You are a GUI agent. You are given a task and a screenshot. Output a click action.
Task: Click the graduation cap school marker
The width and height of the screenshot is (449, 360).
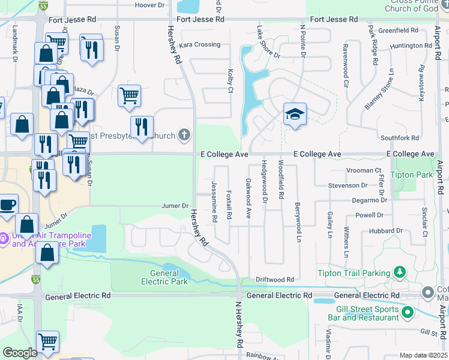pyautogui.click(x=295, y=114)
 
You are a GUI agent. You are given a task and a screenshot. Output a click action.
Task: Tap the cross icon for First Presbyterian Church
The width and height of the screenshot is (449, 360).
pyautogui.click(x=185, y=136)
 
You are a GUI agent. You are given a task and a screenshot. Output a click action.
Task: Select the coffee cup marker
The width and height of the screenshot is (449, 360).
pyautogui.click(x=7, y=205)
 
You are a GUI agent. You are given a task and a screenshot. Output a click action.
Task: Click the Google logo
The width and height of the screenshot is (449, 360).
pyautogui.click(x=20, y=353)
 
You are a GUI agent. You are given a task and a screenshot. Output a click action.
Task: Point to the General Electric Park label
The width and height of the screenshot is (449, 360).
pyautogui.click(x=164, y=277)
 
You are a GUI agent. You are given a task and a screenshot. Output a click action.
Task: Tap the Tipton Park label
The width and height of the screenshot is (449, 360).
pyautogui.click(x=411, y=175)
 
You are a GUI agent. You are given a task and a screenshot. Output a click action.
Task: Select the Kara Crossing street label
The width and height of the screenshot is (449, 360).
pyautogui.click(x=200, y=45)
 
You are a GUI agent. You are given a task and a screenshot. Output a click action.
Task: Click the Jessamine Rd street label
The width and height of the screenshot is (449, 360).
pyautogui.click(x=214, y=201)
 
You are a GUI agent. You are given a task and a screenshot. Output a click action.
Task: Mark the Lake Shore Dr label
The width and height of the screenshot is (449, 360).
pyautogui.click(x=268, y=41)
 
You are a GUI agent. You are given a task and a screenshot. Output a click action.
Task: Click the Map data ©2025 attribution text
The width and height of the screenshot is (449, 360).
pyautogui.click(x=423, y=355)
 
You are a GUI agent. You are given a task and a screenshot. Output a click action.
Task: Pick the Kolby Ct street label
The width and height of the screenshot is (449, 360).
pyautogui.click(x=230, y=81)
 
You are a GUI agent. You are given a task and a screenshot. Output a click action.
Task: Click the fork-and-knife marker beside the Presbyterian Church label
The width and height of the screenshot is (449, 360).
pyautogui.click(x=142, y=127)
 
